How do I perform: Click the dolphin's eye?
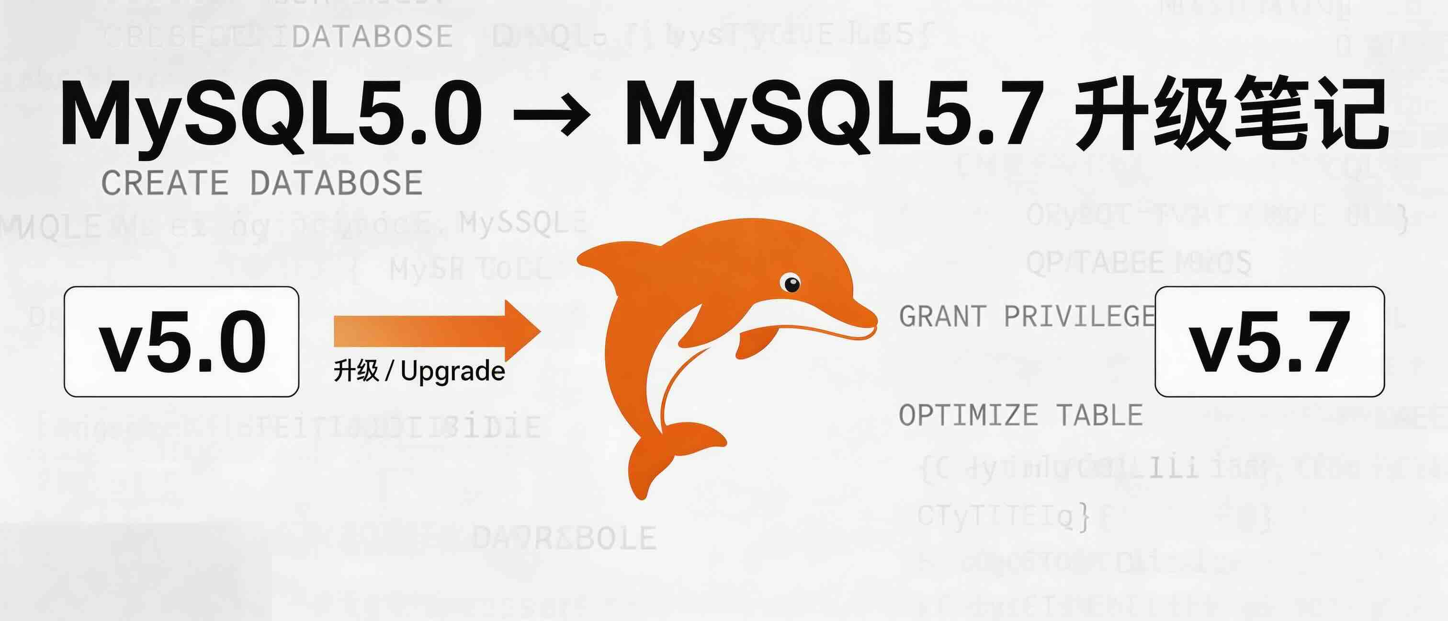792,283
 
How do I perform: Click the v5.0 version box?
181,342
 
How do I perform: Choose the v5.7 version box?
1269,342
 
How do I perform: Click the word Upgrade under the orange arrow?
453,371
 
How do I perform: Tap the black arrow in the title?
552,115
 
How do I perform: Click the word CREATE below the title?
165,183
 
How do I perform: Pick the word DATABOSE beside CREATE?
336,183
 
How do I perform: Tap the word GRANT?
942,316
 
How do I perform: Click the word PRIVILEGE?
1079,316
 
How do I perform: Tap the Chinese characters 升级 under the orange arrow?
356,371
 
